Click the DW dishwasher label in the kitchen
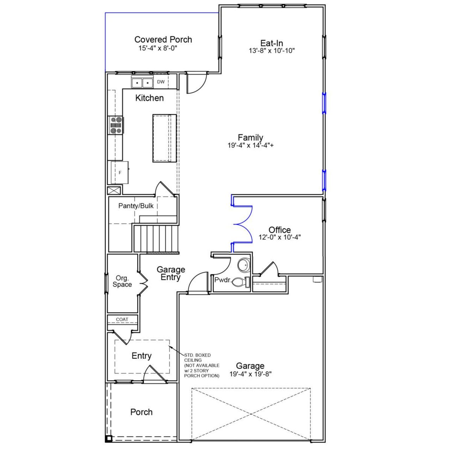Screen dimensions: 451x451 161,82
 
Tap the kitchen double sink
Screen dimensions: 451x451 142,83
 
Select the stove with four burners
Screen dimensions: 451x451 117,125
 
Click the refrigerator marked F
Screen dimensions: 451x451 120,172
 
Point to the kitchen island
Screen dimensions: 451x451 164,138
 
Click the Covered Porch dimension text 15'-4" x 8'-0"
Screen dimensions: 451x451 157,48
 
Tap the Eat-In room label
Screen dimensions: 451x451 272,43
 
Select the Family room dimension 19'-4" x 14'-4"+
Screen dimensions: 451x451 251,145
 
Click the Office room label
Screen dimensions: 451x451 279,230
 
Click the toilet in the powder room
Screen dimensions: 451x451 241,282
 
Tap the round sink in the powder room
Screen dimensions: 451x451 243,265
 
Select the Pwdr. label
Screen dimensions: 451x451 222,280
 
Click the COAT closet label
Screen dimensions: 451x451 122,320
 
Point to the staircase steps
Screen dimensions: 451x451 156,238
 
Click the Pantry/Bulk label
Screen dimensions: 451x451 136,206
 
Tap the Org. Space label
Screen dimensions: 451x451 122,281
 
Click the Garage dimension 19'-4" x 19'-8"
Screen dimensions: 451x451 251,374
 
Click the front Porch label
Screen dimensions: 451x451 141,412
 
